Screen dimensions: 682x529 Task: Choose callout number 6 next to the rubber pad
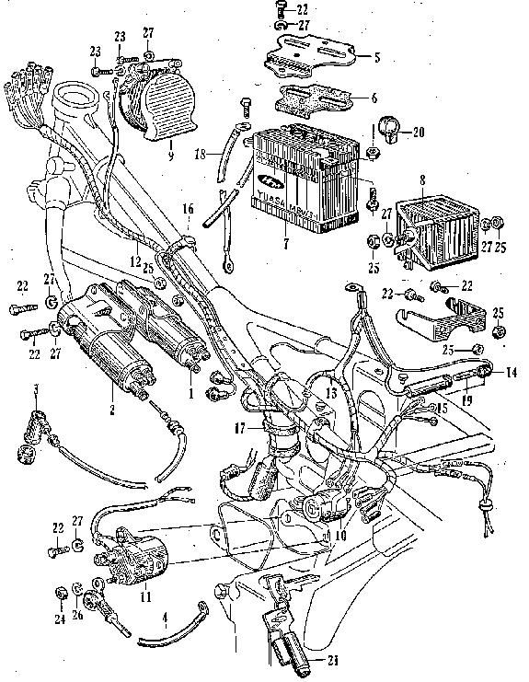374,98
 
